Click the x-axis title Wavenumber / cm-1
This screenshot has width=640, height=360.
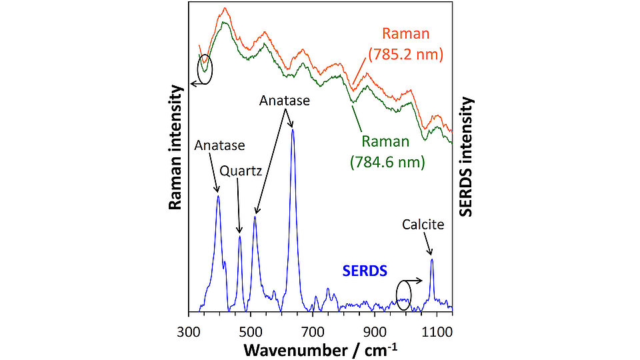click(x=321, y=349)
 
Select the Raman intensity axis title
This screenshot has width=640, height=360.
click(x=175, y=147)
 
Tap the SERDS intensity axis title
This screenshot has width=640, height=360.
click(x=466, y=156)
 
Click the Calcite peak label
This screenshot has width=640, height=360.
click(x=423, y=225)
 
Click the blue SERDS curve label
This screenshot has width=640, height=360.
click(x=364, y=271)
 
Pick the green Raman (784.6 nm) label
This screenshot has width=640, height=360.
click(x=387, y=151)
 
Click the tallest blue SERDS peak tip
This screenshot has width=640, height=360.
click(x=293, y=129)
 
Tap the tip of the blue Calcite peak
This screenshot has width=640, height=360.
click(x=432, y=259)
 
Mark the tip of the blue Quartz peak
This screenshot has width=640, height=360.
click(x=240, y=236)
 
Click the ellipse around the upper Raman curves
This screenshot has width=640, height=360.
click(x=205, y=69)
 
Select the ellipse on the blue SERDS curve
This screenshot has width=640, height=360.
click(x=403, y=294)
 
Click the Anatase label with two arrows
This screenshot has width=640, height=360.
click(x=285, y=101)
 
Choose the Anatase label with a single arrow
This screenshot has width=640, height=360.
click(x=219, y=145)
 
